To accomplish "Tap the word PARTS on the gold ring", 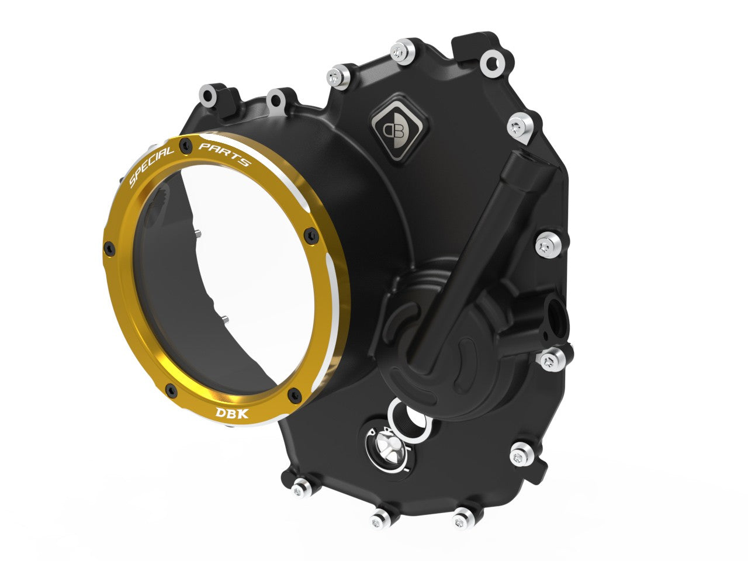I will point(224,153).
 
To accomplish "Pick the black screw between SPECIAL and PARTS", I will point(186,144).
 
